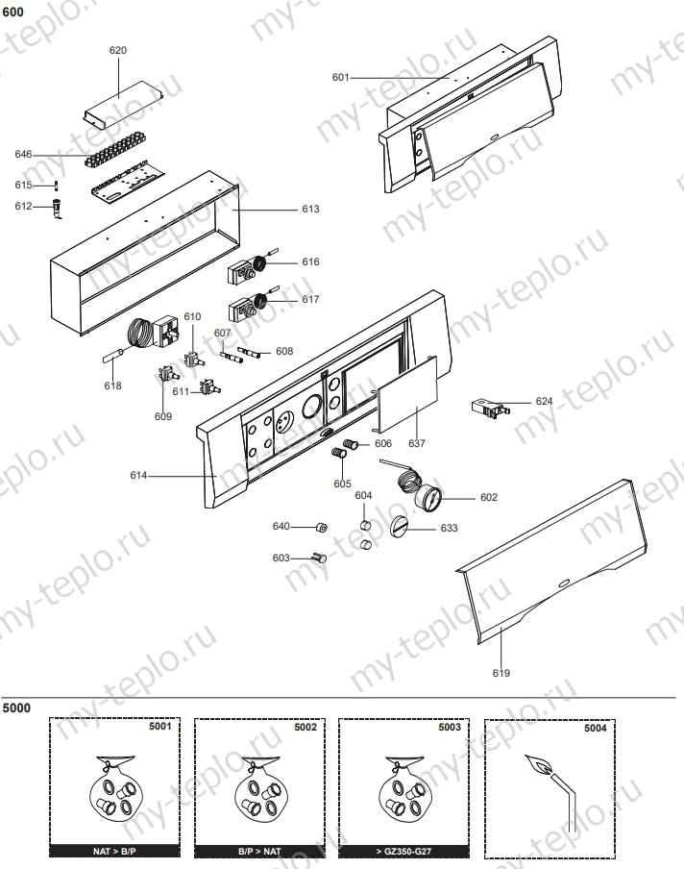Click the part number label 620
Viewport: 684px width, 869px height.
click(118, 50)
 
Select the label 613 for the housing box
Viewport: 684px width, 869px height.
click(310, 209)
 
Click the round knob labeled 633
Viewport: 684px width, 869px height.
click(402, 527)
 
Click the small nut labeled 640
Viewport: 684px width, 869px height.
click(324, 527)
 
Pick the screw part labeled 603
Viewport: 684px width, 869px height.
click(318, 557)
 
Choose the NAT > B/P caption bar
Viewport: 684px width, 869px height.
click(114, 851)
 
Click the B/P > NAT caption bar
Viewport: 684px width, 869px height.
click(259, 851)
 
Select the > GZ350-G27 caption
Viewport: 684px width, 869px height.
click(404, 851)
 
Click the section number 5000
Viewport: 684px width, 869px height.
click(16, 708)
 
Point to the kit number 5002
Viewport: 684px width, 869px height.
click(305, 728)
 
